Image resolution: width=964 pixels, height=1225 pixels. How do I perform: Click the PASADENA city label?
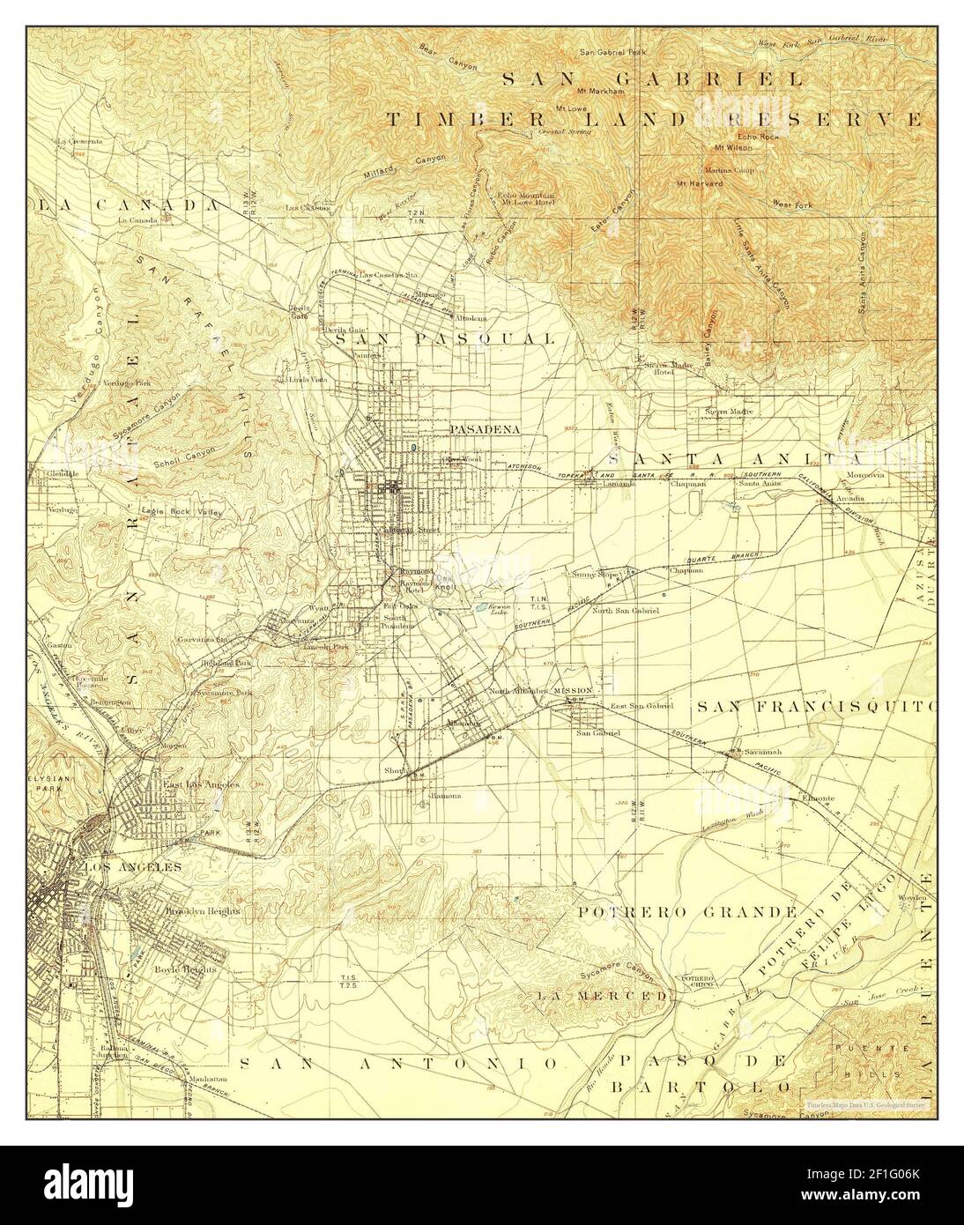coord(485,429)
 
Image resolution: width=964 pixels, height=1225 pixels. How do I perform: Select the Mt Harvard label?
coord(700,183)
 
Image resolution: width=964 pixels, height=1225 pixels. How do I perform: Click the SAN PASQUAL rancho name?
coord(443,338)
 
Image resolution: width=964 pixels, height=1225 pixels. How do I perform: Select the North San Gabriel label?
coord(627,611)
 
